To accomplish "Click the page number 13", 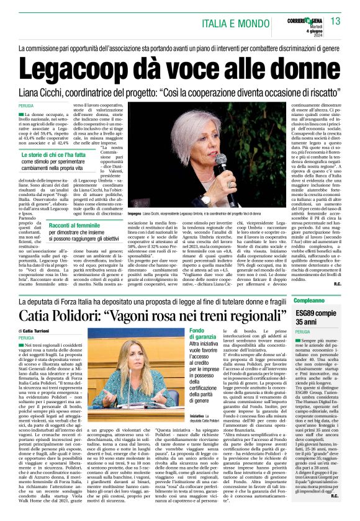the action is coord(336,22).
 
